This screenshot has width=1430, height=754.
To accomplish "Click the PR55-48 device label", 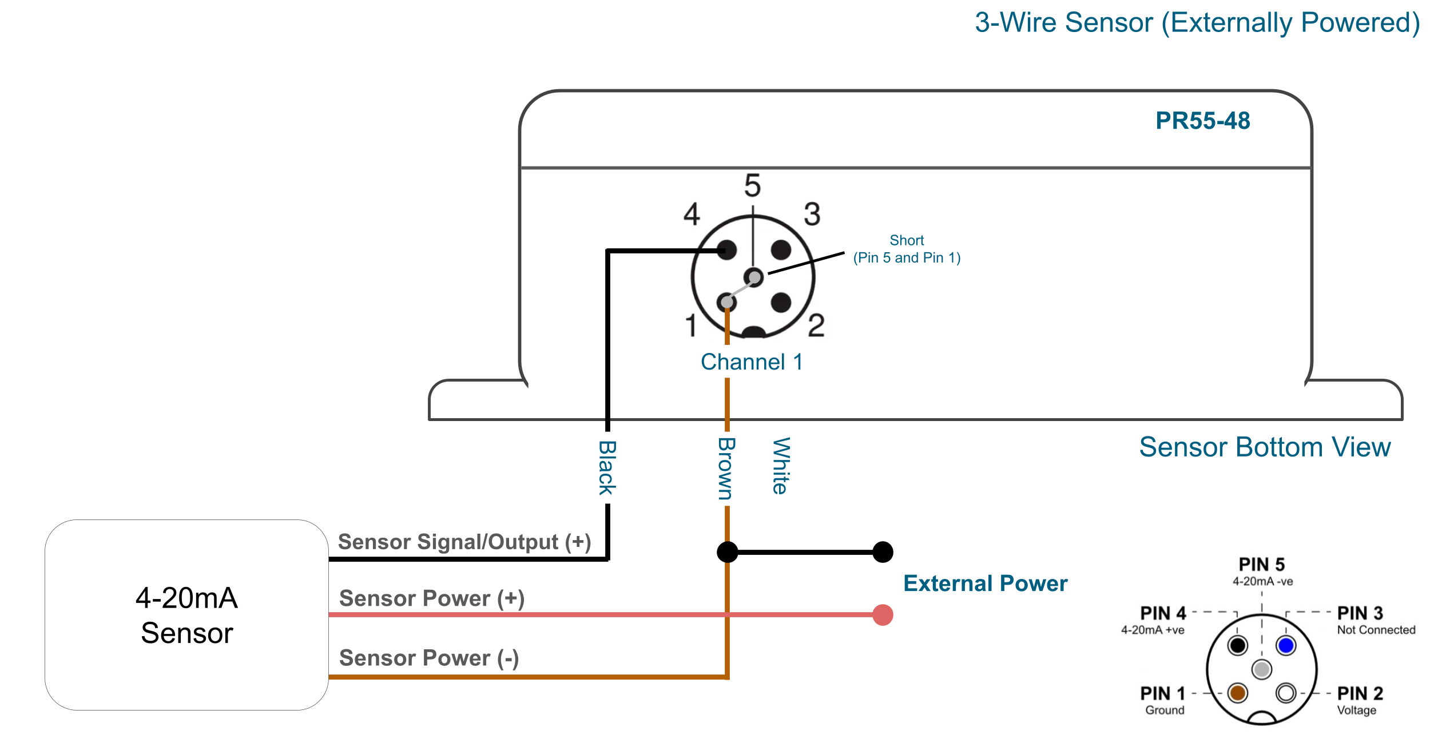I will pos(1202,121).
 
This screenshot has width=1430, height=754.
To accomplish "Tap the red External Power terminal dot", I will pos(883,615).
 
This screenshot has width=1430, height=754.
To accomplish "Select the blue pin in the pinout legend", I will pos(1286,645).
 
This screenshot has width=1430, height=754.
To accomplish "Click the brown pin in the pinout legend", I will pos(1237,693).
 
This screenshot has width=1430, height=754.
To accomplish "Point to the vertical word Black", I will pos(607,467).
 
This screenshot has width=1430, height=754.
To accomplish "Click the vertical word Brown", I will pos(726,469).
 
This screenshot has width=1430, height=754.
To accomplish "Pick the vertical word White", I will pos(781,466).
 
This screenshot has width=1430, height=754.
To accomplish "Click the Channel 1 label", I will pos(752,362).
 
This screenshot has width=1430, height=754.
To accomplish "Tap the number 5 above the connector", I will pos(752,186).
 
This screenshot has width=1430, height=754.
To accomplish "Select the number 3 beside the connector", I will pos(812,215).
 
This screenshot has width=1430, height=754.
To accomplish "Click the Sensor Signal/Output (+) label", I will pos(464,542).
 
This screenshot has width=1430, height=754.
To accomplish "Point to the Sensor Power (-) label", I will pos(429,658).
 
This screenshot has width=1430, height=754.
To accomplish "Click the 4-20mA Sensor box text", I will pos(186,616).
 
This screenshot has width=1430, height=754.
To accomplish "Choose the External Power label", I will pos(985,584).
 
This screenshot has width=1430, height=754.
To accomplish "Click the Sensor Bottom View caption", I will pos(1265,447).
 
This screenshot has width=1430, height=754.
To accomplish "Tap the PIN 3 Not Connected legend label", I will pos(1376,621).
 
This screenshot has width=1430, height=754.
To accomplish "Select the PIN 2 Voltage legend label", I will pos(1360,701).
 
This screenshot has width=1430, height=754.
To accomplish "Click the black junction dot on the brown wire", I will pos(727,552).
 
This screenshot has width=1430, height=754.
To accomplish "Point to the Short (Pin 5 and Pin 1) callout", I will pos(907,249).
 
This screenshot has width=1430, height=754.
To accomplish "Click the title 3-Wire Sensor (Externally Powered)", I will pos(1197,23).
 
